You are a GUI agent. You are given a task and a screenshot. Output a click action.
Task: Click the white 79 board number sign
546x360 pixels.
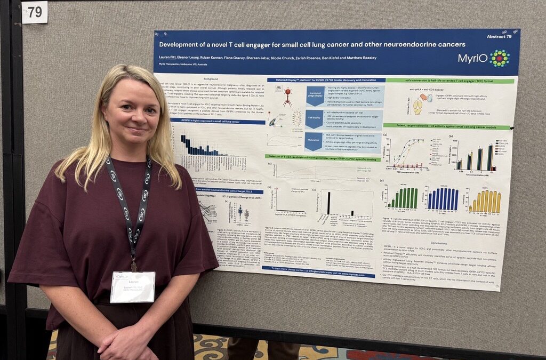(x=35, y=12)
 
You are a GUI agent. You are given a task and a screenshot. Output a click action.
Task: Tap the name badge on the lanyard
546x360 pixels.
(x=132, y=286)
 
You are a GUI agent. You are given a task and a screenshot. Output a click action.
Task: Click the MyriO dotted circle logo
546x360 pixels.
(x=500, y=58)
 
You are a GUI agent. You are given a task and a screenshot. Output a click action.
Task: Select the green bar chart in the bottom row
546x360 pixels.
(x=404, y=198)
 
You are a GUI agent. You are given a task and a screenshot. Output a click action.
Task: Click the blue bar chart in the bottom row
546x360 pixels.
(x=442, y=199)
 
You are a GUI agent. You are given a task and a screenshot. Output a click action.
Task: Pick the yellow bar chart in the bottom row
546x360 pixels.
(x=484, y=202)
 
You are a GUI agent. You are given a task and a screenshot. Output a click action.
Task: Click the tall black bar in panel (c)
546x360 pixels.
(x=328, y=203)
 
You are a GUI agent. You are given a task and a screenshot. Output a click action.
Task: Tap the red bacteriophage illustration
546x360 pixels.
(x=287, y=97)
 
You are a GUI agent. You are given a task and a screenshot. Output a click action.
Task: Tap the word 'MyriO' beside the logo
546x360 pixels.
(x=472, y=58)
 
